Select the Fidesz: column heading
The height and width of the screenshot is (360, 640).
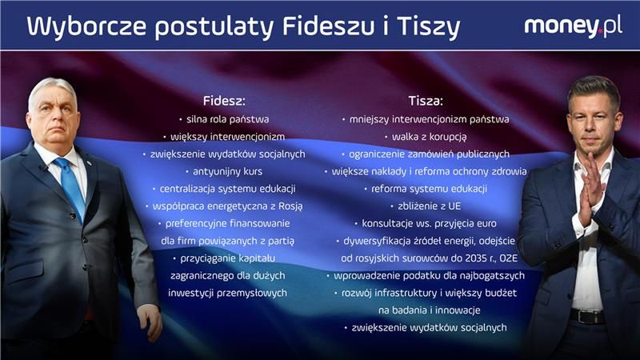(x=224, y=102)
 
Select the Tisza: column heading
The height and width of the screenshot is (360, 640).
(x=426, y=102)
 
